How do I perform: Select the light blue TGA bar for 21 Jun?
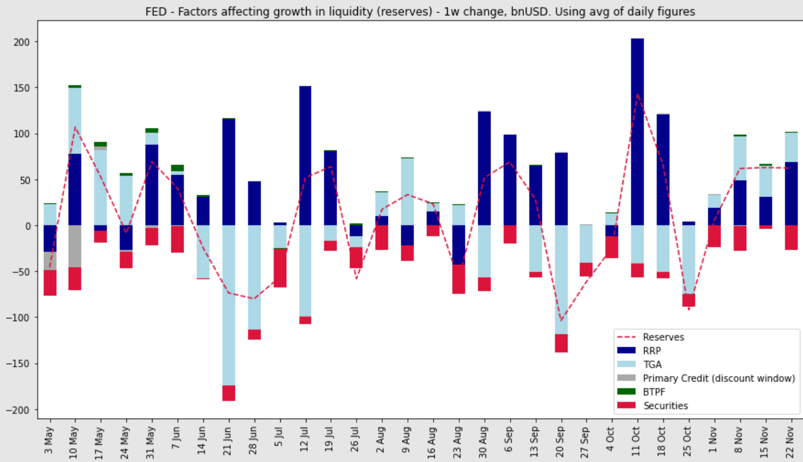point(228,305)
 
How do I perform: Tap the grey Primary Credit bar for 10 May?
point(75,247)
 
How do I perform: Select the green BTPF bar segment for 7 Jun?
point(178,168)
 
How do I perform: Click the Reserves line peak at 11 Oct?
point(637,95)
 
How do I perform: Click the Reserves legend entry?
point(663,337)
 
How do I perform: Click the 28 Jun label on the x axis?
point(254,439)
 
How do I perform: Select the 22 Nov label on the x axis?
point(791,439)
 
